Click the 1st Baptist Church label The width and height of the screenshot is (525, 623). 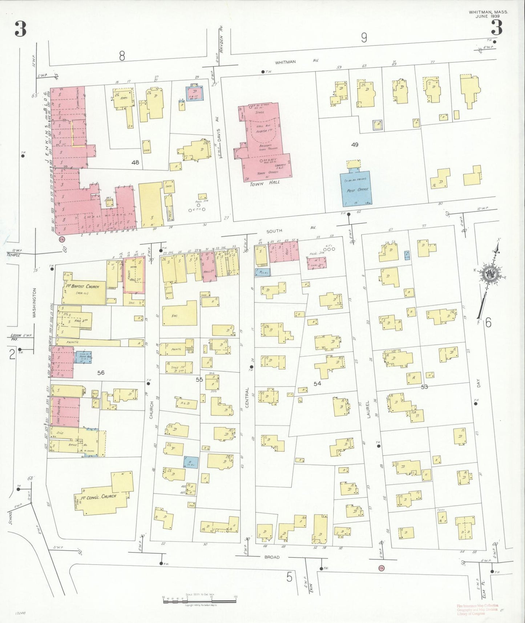83,287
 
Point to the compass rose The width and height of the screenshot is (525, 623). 490,275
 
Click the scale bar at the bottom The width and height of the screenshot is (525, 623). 199,600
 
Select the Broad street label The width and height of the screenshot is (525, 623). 272,557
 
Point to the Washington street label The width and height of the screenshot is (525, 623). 35,303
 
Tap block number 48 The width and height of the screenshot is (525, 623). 135,162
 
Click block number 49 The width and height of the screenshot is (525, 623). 355,145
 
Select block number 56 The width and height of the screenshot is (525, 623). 101,373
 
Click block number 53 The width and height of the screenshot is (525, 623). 424,387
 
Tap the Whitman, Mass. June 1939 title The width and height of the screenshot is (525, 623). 488,14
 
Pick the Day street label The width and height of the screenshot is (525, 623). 478,383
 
